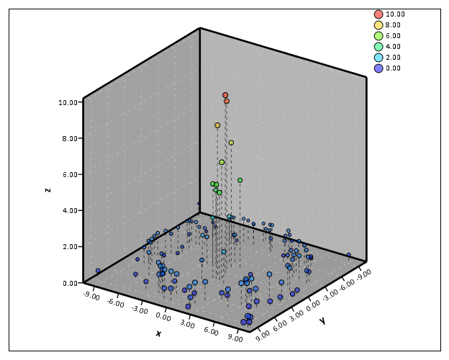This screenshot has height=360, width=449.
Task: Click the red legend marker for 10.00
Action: pos(378,14)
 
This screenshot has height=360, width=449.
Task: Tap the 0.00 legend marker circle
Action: pos(378,68)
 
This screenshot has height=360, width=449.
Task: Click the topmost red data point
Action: pos(225,95)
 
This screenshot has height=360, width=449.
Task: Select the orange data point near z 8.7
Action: pos(217,125)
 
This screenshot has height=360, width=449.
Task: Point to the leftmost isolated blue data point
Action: pos(98,271)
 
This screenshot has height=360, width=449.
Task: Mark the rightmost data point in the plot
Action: pos(349,255)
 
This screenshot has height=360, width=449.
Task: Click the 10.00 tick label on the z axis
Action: pos(68,102)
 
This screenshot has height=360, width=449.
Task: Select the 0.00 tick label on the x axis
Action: pos(163,317)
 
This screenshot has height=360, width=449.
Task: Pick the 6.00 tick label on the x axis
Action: pos(212,331)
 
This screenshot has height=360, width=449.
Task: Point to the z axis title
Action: pos(47,190)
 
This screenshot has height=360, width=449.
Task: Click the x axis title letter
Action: pos(158,333)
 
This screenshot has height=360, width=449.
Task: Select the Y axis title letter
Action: pos(322,320)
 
